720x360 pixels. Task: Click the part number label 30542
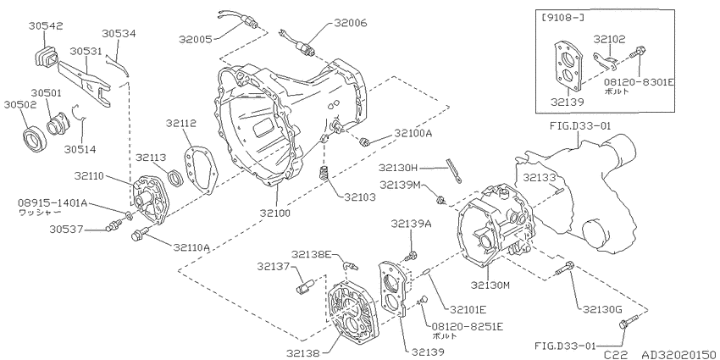tap(46, 26)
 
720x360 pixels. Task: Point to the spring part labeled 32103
tap(325, 174)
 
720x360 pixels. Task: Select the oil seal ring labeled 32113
tap(175, 178)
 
